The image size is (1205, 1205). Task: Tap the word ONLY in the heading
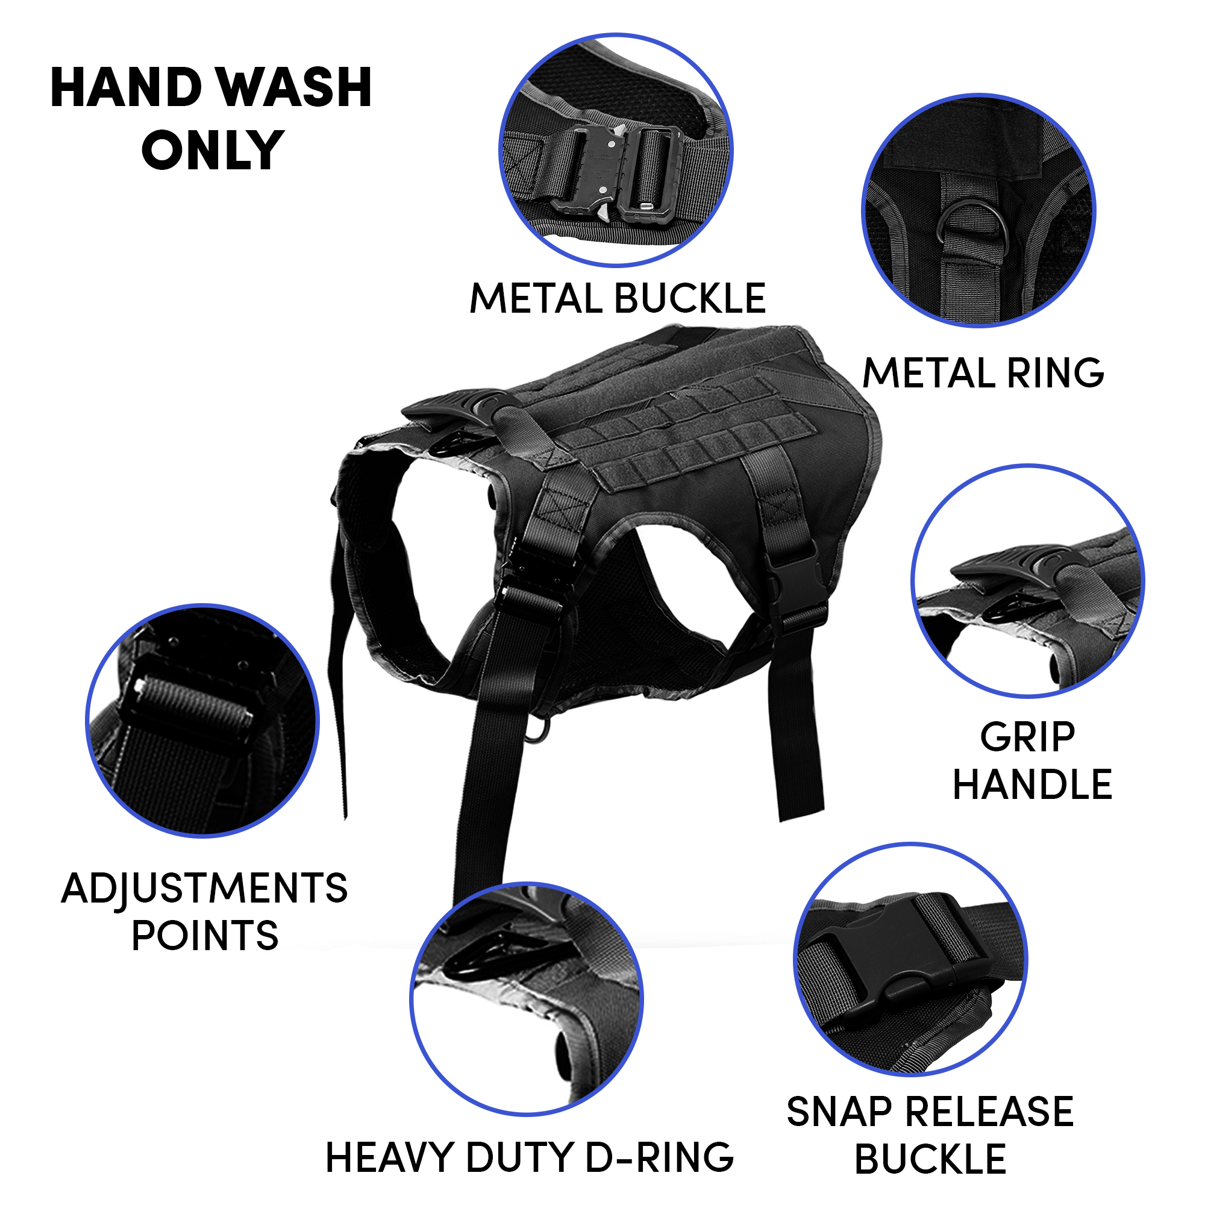(213, 149)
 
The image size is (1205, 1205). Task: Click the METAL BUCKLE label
(618, 298)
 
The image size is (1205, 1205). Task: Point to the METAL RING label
(983, 373)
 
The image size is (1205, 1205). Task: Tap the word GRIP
(1027, 738)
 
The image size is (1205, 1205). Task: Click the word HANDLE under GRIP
(1032, 784)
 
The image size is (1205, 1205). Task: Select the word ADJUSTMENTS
(205, 888)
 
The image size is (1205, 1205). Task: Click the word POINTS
(205, 936)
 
